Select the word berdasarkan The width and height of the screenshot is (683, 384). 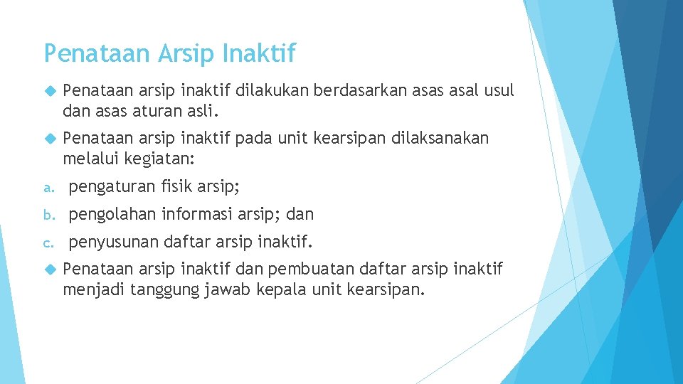point(337,91)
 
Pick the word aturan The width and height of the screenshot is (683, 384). point(154,111)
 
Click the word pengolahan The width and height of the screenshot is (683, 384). point(112,215)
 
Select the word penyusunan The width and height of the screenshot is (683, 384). point(113,242)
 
